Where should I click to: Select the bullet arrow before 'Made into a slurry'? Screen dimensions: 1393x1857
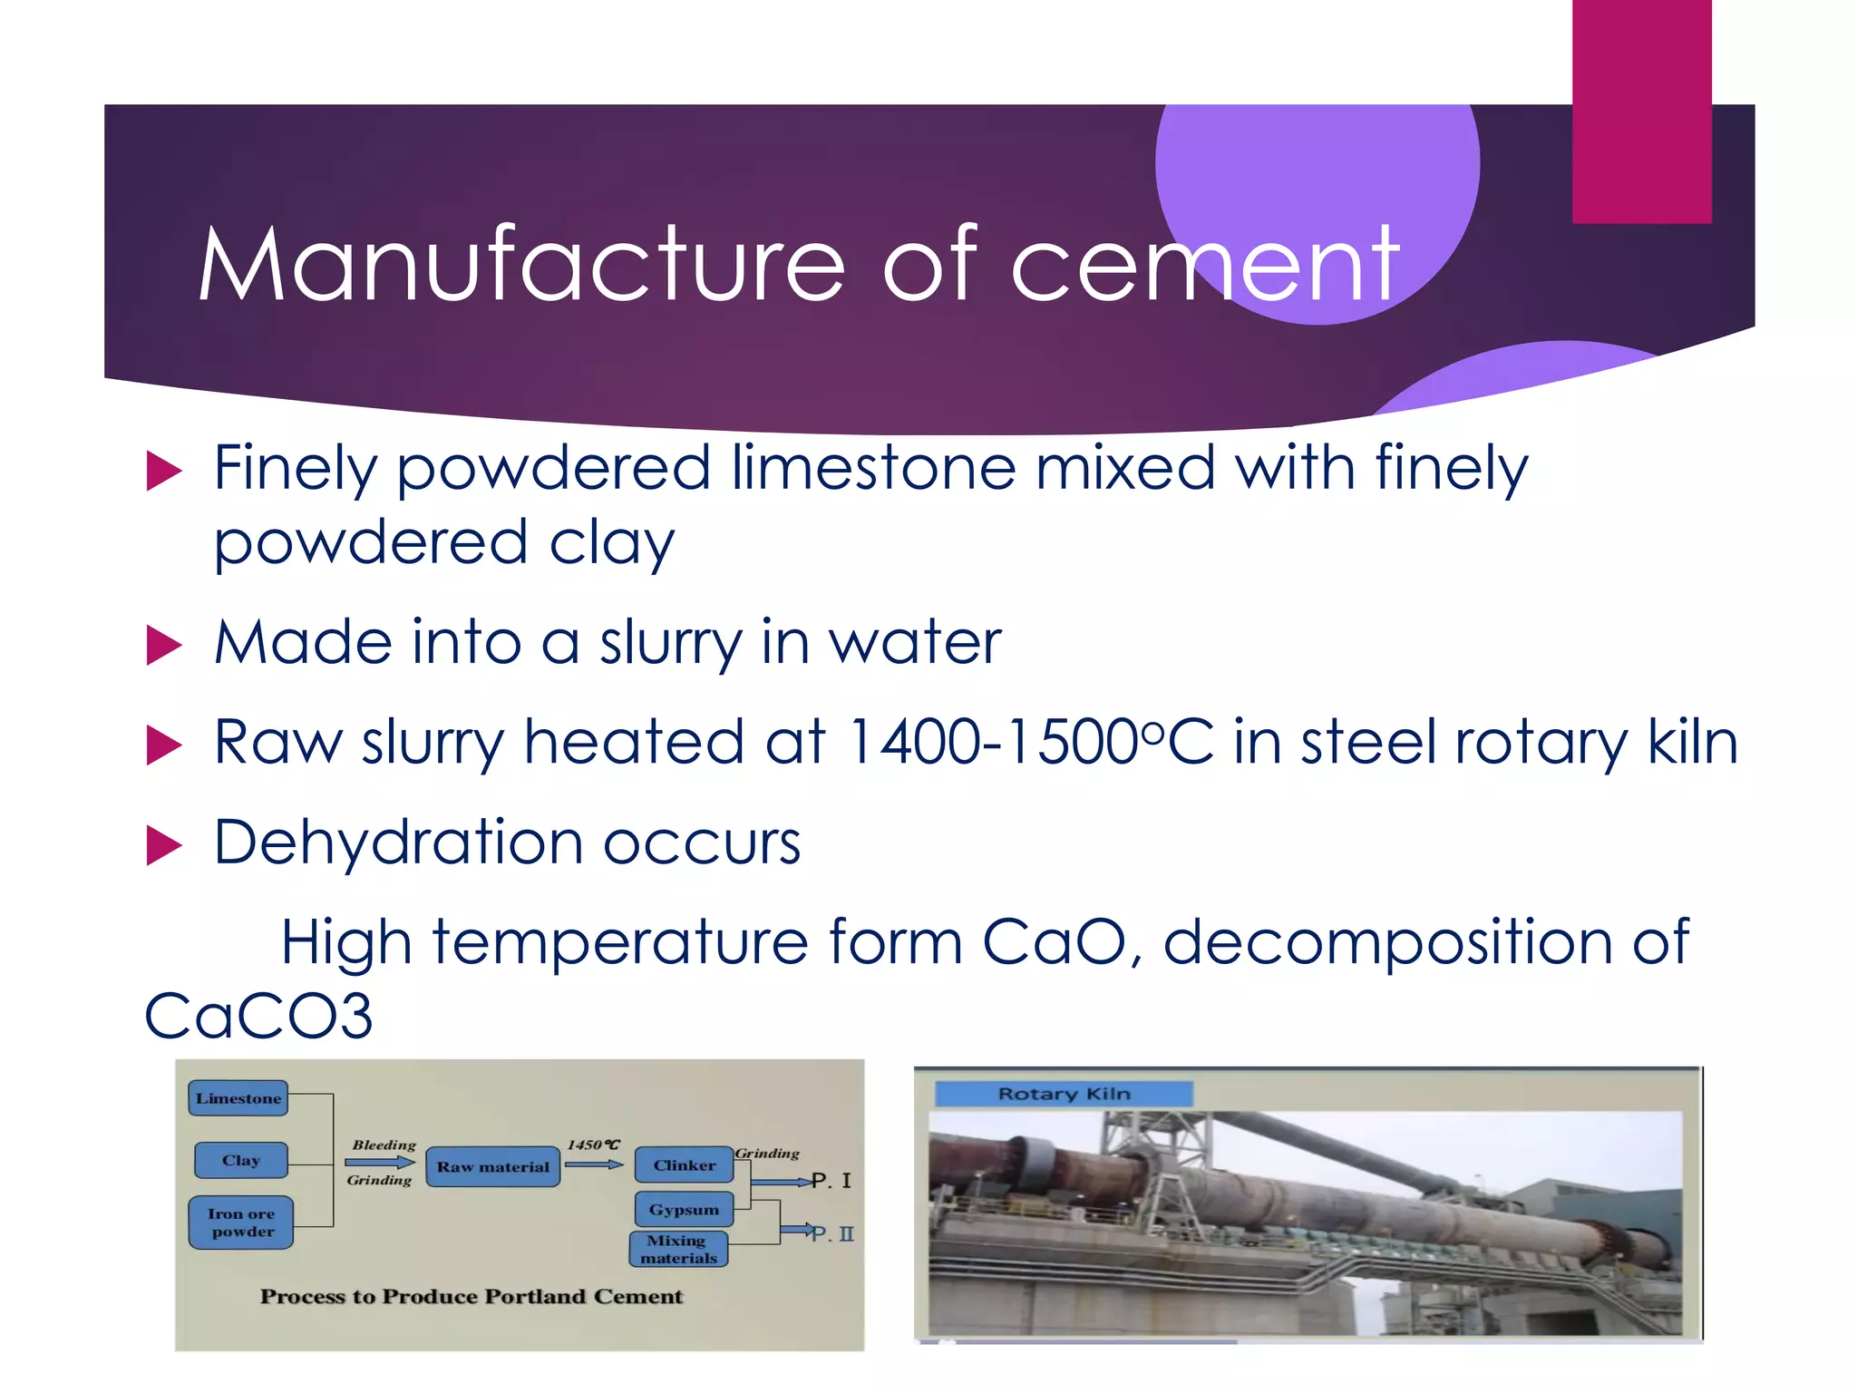point(164,646)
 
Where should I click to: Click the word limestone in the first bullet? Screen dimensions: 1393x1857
point(874,468)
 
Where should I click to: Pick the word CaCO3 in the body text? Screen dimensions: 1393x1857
point(259,1016)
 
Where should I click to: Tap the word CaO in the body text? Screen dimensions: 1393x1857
point(1055,941)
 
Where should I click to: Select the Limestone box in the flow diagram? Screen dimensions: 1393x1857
point(238,1098)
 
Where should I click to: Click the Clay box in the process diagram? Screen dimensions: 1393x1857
point(241,1161)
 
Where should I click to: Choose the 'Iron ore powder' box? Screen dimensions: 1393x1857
point(241,1223)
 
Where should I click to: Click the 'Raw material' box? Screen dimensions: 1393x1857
point(493,1167)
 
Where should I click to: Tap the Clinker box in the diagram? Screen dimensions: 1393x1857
point(685,1165)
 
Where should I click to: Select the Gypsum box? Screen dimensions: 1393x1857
point(684,1210)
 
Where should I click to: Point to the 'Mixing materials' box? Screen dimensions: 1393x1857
point(678,1250)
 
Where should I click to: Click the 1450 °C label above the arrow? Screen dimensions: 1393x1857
point(593,1145)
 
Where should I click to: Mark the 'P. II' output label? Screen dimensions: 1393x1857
point(832,1233)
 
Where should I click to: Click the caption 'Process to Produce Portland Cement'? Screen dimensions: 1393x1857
point(472,1296)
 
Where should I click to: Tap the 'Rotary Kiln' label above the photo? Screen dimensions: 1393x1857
point(1064,1094)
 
